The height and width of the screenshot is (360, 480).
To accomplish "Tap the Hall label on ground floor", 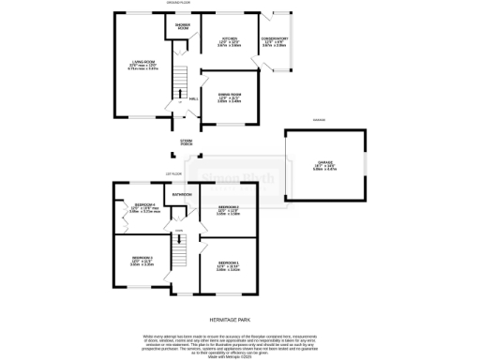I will pyautogui.click(x=193, y=97).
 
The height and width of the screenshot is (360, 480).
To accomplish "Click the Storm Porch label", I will pyautogui.click(x=187, y=142).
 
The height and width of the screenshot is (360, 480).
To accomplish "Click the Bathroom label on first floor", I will pyautogui.click(x=182, y=194).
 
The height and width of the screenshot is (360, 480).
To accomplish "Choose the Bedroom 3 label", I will pyautogui.click(x=142, y=262).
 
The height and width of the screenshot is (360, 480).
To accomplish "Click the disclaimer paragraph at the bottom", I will pyautogui.click(x=239, y=341).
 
